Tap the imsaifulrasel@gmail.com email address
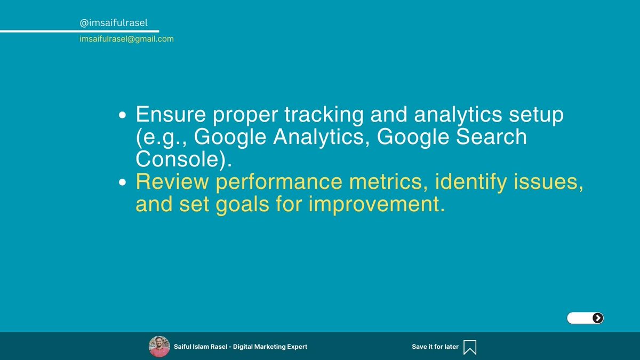[x=126, y=39]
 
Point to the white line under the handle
[x=80, y=31]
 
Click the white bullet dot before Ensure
[x=123, y=115]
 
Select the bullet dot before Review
[x=123, y=182]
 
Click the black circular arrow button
[x=598, y=318]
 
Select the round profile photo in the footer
[x=159, y=346]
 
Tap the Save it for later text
[x=435, y=347]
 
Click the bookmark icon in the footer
[x=470, y=347]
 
